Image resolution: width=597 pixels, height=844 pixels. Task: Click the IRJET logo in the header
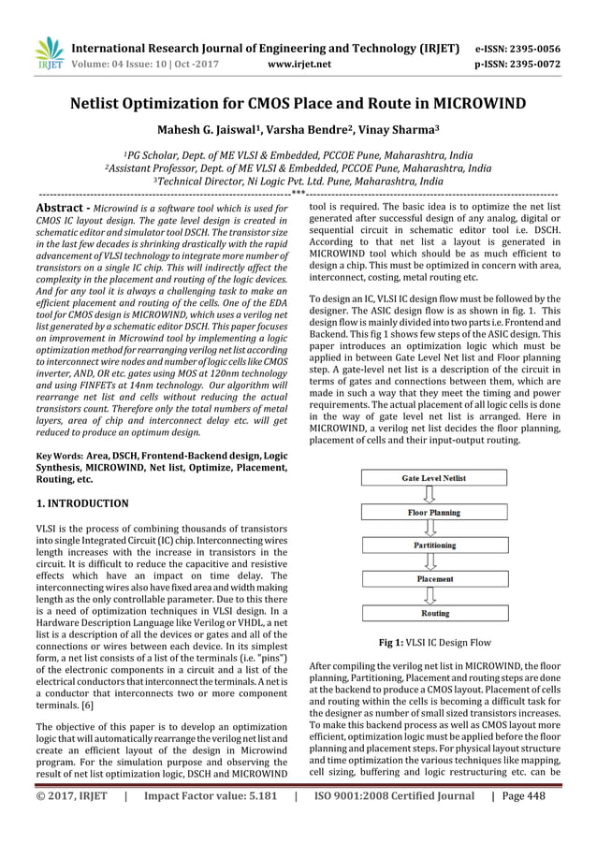[47, 53]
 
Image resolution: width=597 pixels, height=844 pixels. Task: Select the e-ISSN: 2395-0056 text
[517, 48]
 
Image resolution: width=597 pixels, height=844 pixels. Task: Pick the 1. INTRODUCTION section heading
[82, 503]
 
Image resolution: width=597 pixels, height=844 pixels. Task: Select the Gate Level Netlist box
[433, 478]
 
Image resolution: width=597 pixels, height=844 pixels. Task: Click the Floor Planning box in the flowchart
[433, 513]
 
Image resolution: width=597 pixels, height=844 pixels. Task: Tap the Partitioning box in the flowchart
[433, 546]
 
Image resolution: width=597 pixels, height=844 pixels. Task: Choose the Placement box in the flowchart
[433, 579]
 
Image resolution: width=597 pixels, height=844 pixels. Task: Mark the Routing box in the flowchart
[433, 614]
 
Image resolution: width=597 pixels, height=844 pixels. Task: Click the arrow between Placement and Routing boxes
[433, 596]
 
